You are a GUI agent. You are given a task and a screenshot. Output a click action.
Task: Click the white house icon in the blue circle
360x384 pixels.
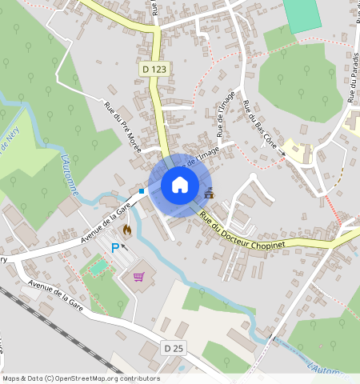180,185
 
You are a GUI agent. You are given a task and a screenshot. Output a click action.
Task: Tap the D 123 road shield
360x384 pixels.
155,70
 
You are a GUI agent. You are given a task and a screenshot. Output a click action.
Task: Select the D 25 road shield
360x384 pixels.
174,348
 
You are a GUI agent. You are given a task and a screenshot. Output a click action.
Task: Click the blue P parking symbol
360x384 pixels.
114,249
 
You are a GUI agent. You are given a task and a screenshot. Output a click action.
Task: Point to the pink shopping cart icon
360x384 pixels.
139,277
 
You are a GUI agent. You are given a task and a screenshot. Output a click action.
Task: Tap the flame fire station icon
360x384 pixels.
126,230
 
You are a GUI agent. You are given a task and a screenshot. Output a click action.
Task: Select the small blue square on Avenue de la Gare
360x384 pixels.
142,191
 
